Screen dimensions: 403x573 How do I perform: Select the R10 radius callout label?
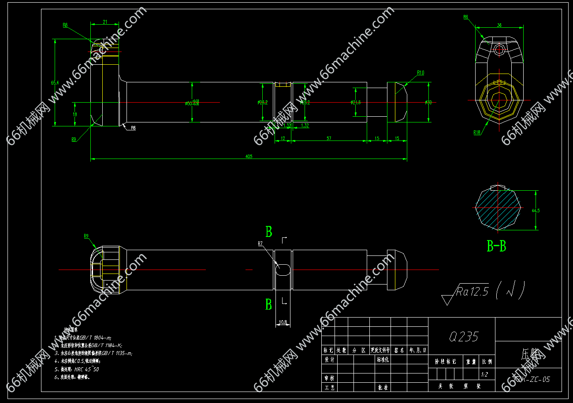(x=420, y=73)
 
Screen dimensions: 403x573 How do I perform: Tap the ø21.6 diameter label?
(x=356, y=102)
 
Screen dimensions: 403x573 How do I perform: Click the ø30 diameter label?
(x=428, y=102)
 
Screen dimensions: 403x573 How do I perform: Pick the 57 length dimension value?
(x=329, y=138)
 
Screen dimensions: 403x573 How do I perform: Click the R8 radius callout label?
(x=65, y=25)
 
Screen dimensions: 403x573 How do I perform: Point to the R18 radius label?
(x=477, y=133)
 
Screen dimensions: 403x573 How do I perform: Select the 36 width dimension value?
(x=499, y=25)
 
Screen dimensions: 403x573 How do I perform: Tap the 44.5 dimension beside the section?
(x=536, y=211)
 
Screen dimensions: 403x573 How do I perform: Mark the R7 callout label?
(x=260, y=243)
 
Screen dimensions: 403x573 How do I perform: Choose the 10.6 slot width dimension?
(x=283, y=322)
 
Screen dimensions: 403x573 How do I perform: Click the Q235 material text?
(x=464, y=337)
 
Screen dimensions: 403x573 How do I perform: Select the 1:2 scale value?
(x=484, y=374)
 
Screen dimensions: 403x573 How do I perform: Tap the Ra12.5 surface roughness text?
(x=473, y=291)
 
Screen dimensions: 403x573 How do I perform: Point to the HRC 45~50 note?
(x=86, y=369)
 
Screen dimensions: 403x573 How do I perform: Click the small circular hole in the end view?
(x=499, y=49)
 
